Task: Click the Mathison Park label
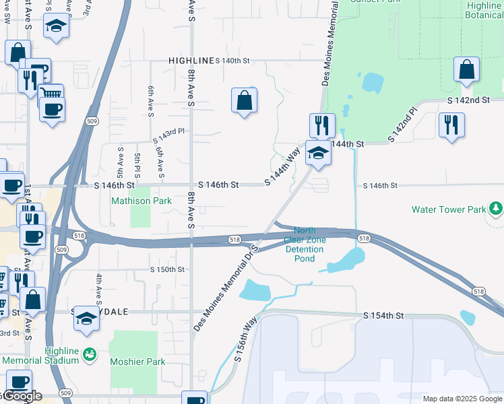pos(141,201)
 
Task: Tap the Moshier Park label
pos(137,362)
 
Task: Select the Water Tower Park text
pos(448,209)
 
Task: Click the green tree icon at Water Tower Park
pos(496,209)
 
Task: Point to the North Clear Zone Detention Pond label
pos(305,244)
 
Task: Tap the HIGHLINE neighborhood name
pos(191,61)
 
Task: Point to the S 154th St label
pos(383,316)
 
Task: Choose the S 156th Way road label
pos(246,341)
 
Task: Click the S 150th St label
pos(166,269)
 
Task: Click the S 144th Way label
pos(282,168)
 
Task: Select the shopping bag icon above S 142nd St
pos(466,70)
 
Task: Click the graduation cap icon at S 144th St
pos(318,153)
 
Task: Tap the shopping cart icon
pos(51,95)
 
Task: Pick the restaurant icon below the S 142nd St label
pos(451,125)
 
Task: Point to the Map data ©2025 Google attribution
pos(462,399)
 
